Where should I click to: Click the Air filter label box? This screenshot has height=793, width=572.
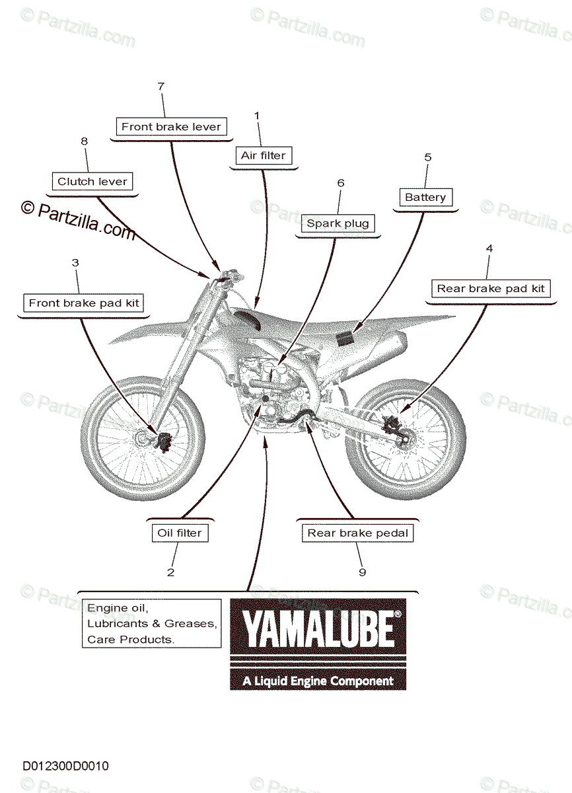pos(263,156)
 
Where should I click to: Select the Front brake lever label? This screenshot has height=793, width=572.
pos(171,126)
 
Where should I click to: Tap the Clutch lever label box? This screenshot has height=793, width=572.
pos(92,181)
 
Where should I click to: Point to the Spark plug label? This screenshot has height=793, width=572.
pos(338,223)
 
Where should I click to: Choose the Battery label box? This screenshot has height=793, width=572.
pos(425,197)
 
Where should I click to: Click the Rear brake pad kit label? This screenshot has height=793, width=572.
pos(490,288)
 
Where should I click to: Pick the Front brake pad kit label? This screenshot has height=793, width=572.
pos(83,303)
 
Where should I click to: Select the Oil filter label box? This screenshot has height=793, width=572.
pos(179,533)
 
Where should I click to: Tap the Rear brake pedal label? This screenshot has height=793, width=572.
pos(358,533)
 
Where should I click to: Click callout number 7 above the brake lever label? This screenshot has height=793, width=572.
pos(161,87)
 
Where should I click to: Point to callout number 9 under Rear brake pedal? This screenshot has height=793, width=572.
pos(362,572)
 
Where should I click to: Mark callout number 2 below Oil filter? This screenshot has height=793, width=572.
pos(171,572)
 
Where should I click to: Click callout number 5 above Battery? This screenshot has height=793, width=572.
pos(427,157)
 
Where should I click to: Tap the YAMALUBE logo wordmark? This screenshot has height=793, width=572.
pos(318,630)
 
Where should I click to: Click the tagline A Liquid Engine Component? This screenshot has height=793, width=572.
pos(318,681)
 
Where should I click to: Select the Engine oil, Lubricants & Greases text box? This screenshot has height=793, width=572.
pos(151,623)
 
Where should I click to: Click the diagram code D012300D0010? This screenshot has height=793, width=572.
pos(65,767)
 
